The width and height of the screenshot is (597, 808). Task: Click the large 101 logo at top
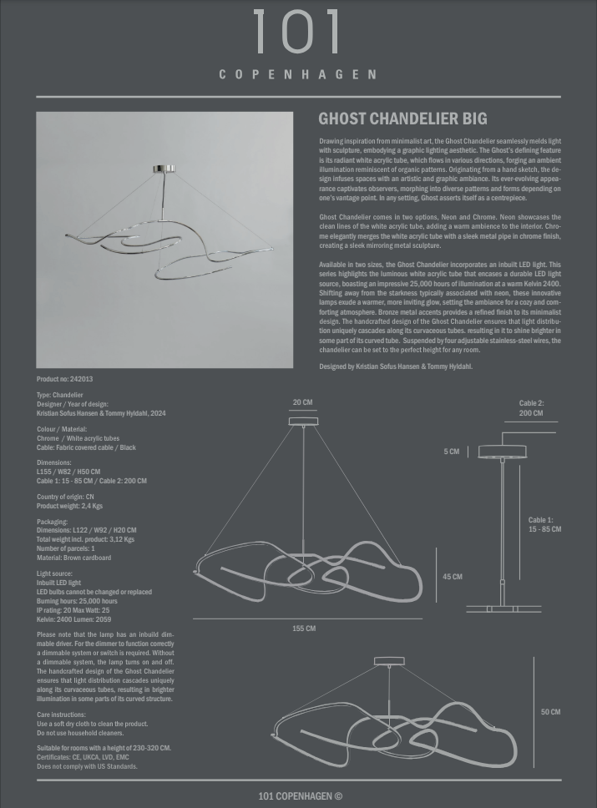point(297,34)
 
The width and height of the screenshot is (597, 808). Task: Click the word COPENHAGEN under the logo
point(297,74)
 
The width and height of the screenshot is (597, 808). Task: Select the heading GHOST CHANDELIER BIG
point(402,119)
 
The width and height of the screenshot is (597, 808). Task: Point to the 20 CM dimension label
point(302,402)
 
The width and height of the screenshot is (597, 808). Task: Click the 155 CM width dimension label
point(304,629)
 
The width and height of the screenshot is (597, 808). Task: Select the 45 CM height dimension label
point(453,577)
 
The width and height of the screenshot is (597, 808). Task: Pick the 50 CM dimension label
point(550,712)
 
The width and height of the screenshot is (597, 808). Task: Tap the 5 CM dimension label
point(452,452)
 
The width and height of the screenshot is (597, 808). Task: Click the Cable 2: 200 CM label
point(531,408)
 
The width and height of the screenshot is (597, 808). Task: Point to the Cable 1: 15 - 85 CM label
point(544,525)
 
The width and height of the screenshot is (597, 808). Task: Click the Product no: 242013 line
point(65,379)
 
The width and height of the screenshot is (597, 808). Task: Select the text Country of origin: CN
point(65,497)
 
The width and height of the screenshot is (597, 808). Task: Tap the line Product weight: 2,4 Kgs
point(70,506)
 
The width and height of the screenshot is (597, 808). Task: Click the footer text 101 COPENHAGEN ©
point(300,796)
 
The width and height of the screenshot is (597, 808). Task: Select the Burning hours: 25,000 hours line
point(77,601)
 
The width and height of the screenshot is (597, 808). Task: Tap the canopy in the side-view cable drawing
point(502,452)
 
